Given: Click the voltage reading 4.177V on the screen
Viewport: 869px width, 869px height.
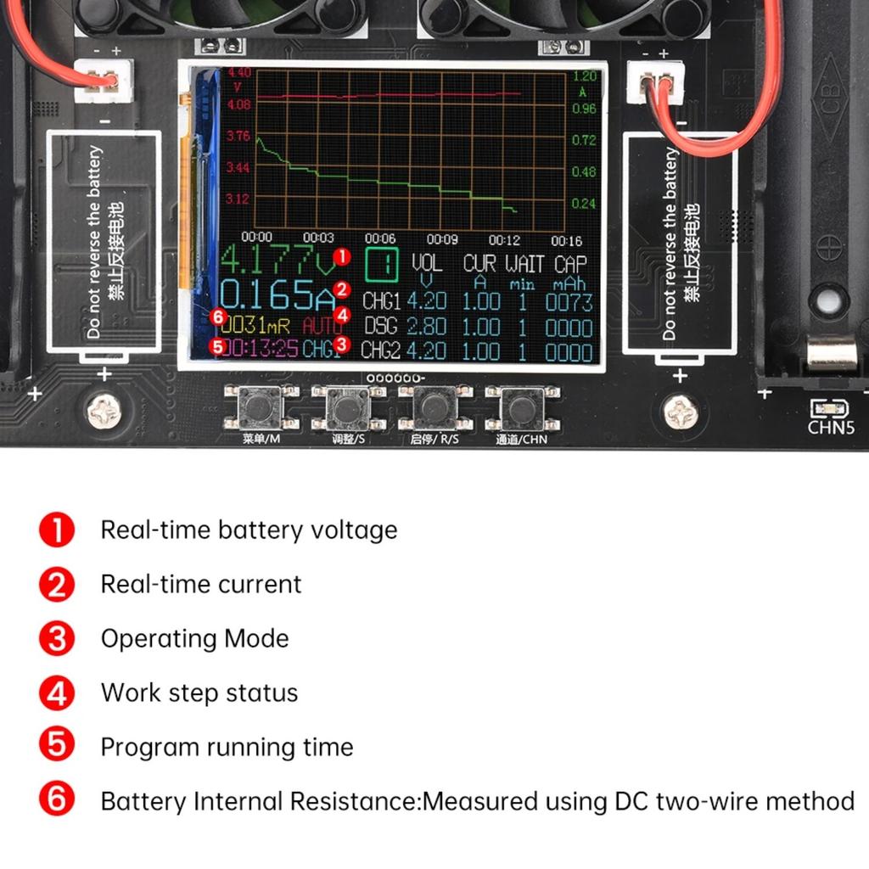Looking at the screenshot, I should click(x=273, y=261).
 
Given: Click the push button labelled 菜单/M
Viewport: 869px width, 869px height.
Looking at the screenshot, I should click(x=261, y=408).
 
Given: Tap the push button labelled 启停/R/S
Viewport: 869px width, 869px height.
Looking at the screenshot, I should click(x=434, y=408).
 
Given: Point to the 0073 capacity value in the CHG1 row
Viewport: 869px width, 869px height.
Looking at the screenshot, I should click(x=569, y=302).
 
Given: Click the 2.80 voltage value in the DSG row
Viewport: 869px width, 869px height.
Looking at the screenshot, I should click(x=426, y=327).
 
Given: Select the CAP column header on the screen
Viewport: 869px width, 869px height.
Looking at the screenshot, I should click(x=569, y=264).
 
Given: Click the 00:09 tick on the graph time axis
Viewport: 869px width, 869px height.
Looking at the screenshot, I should click(x=442, y=239).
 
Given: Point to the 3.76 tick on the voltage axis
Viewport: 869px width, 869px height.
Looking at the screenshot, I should click(x=238, y=136).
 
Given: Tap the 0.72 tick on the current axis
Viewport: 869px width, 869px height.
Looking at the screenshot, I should click(x=584, y=140).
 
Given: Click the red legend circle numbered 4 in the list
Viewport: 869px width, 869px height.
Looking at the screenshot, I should click(x=57, y=692).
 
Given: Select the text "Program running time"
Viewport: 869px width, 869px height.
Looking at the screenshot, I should click(x=227, y=747).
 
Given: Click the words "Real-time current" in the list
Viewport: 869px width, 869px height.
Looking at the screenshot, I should click(x=201, y=584).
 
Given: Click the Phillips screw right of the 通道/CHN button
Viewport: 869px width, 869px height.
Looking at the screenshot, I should click(x=681, y=412).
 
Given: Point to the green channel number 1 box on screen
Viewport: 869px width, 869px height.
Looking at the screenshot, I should click(x=380, y=265).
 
